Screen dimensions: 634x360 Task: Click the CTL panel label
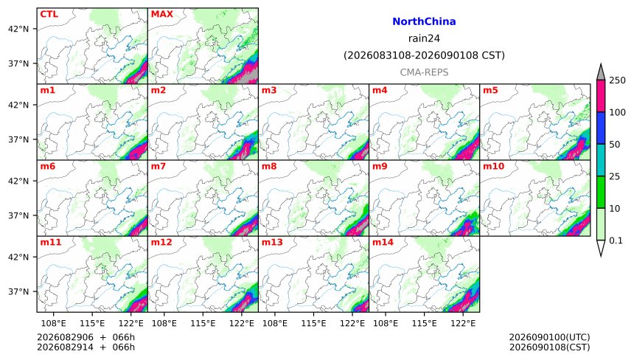tap(49, 14)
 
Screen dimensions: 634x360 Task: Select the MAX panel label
tap(161, 14)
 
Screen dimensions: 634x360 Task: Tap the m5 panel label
tap(490, 90)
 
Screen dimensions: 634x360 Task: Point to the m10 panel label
tap(493, 166)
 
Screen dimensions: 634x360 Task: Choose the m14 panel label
tap(383, 242)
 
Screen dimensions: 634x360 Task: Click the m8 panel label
tap(269, 166)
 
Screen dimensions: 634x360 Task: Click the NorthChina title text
tap(424, 21)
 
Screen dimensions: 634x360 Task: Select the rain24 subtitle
tap(424, 38)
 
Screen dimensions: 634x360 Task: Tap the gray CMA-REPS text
tap(424, 72)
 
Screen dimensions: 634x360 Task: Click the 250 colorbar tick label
tap(618, 80)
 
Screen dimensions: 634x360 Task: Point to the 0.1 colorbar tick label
tap(616, 240)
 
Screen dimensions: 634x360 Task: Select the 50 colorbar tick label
tap(615, 145)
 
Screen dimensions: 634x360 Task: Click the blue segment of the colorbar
tap(601, 128)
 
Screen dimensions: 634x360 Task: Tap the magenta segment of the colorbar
tap(601, 96)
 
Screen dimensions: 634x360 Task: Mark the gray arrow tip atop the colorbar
tap(601, 64)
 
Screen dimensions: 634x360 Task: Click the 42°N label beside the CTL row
tap(18, 29)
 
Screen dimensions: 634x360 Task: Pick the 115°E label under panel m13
tap(313, 323)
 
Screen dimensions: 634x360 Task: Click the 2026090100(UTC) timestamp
tap(549, 337)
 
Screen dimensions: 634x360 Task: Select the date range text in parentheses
tap(424, 55)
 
